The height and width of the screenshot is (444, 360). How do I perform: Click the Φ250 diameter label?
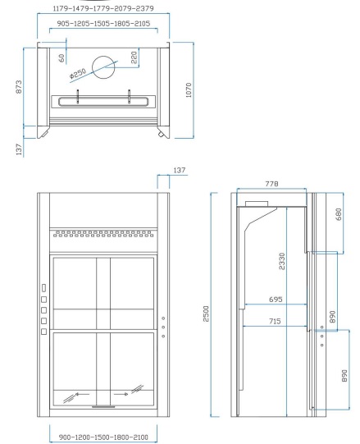click(x=77, y=73)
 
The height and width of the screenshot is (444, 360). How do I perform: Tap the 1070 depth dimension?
click(x=189, y=90)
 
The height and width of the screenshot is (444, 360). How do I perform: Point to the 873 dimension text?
click(x=18, y=87)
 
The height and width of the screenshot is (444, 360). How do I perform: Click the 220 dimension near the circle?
click(x=134, y=57)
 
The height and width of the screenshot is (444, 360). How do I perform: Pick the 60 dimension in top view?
click(x=62, y=58)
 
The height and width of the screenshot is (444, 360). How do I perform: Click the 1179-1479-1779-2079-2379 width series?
click(x=103, y=8)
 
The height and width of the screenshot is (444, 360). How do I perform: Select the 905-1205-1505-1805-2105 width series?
click(x=103, y=24)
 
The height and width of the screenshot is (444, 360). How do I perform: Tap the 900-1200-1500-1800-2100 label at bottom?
click(x=103, y=437)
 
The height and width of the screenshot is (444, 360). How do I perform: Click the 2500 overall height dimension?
click(x=206, y=314)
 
